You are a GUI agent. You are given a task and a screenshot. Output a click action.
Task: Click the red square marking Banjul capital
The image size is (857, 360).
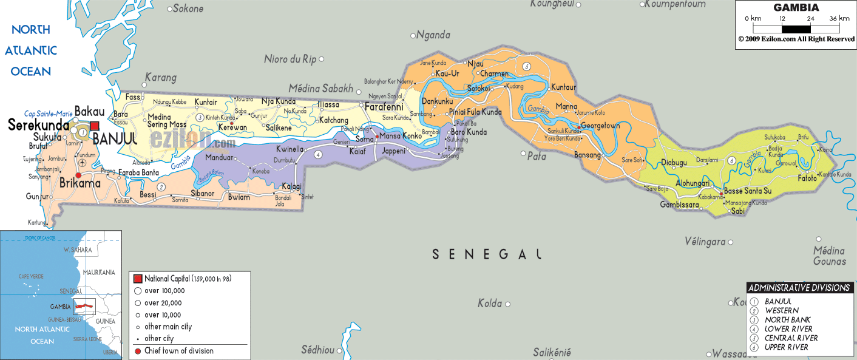point(95,126)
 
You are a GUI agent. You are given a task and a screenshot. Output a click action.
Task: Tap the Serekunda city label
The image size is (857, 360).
point(38,125)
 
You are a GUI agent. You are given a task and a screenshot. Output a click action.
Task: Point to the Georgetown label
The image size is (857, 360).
point(600,126)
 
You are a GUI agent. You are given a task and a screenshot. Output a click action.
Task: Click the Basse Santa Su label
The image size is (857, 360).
point(748,191)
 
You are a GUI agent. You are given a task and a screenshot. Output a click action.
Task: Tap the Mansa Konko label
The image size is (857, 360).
point(400,136)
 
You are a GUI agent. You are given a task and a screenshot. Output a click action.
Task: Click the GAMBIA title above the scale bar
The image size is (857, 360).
point(796,8)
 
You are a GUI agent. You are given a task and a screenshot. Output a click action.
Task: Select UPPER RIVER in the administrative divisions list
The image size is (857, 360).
point(786,347)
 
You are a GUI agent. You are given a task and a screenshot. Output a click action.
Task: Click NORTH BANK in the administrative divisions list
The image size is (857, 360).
point(787,320)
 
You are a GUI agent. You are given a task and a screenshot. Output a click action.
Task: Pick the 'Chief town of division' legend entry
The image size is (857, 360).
point(178,351)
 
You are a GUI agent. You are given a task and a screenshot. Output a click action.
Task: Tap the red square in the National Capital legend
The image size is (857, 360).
point(138,279)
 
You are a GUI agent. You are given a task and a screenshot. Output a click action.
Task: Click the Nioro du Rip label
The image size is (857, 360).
point(290,59)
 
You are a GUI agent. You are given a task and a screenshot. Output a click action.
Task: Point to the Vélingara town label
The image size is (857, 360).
point(705,242)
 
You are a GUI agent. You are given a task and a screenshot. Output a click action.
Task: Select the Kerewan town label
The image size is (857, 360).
point(233,127)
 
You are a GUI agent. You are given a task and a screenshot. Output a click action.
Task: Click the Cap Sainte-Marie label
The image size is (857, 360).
point(48,114)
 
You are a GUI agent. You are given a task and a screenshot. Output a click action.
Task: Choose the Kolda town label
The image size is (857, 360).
point(489,303)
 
